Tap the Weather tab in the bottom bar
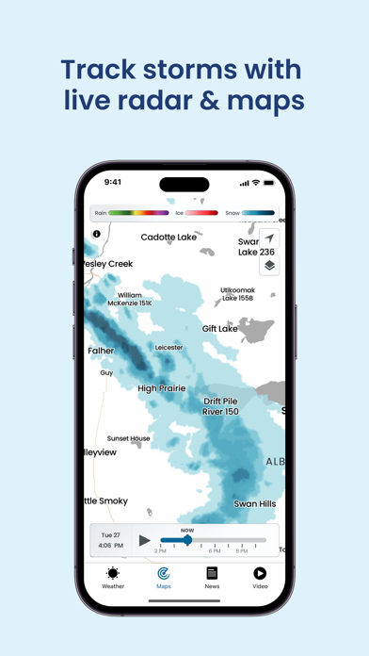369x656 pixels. tap(113, 576)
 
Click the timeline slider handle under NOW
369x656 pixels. tap(187, 540)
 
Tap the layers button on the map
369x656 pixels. tap(269, 265)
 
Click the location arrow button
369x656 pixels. tap(269, 239)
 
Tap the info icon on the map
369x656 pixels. tap(96, 234)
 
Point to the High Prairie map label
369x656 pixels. tap(162, 388)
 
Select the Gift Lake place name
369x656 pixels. tap(220, 329)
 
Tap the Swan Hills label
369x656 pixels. tap(255, 504)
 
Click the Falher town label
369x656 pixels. tap(101, 350)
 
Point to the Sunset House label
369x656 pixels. tap(128, 438)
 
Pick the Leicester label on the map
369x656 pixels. tap(169, 347)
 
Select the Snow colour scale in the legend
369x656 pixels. tap(258, 213)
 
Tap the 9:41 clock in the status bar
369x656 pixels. tap(113, 182)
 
